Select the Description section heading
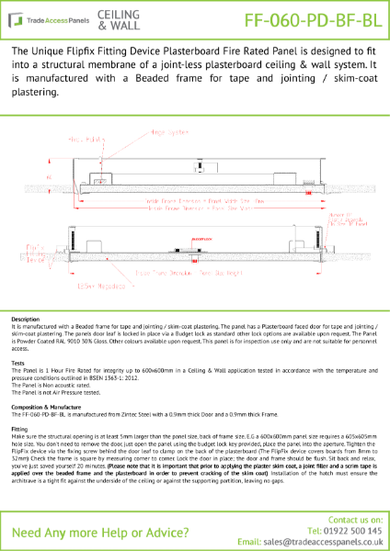pos(25,319)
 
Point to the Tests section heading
pos(18,362)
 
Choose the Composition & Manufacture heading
pos(50,405)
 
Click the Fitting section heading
pos(20,427)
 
